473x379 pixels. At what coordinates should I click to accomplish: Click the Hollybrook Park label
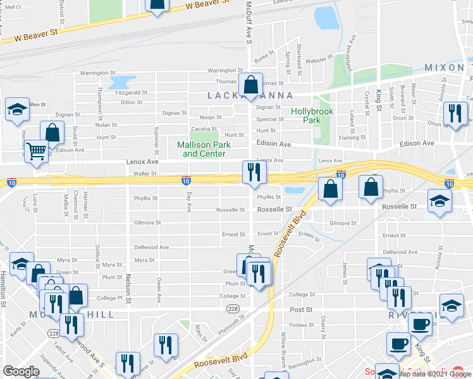(307, 116)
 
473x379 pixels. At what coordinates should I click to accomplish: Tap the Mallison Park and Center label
(204, 149)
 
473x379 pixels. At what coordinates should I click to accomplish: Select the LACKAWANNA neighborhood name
(250, 95)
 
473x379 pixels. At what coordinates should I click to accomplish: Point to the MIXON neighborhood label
(445, 68)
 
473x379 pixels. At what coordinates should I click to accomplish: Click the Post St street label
(301, 310)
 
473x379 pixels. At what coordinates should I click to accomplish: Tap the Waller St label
(145, 173)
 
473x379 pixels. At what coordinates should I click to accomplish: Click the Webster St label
(319, 61)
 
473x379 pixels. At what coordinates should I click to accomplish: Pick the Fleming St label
(352, 137)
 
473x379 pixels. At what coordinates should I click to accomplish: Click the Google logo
(21, 371)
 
